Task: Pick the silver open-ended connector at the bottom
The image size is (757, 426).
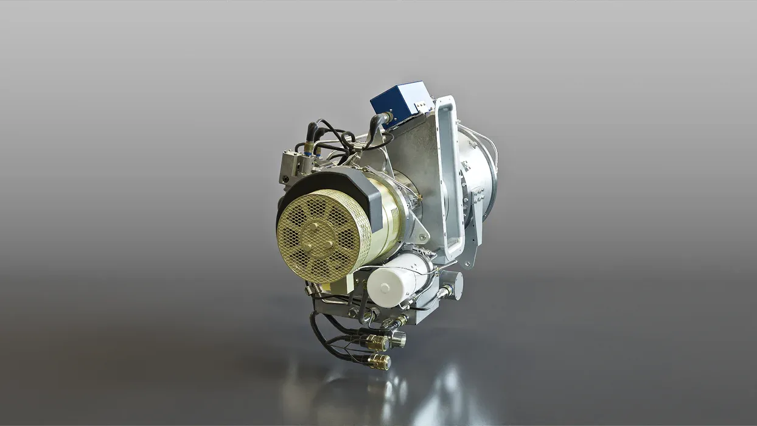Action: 397,338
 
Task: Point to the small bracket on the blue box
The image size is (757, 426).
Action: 421,106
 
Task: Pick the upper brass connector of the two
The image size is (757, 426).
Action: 376,343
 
